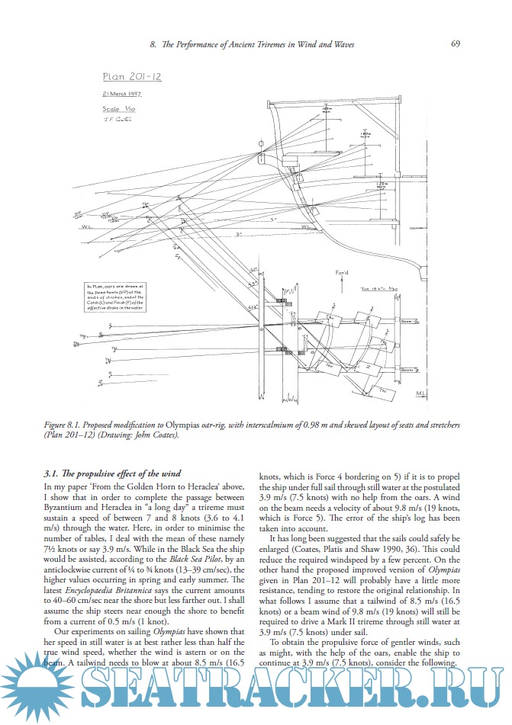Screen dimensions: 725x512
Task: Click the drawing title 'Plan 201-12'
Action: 132,76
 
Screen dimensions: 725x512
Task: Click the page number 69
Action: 455,44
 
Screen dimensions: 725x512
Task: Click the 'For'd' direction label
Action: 341,272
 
